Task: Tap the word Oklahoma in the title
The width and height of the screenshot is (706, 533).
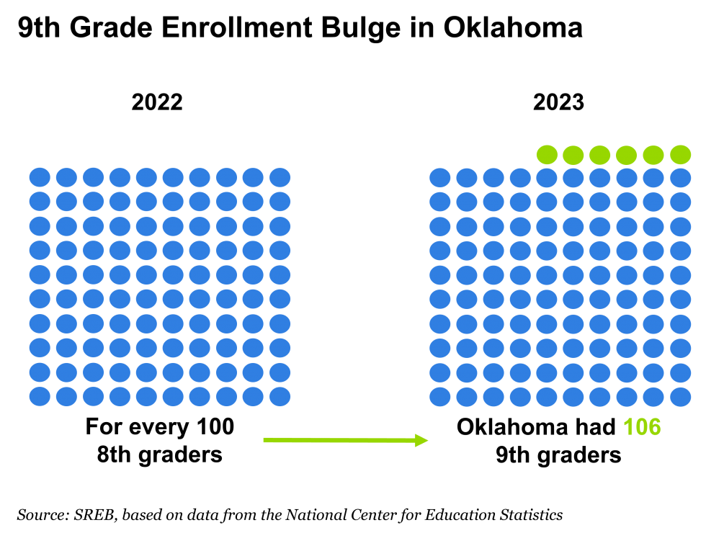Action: click(513, 27)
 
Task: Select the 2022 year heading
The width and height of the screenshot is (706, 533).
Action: click(157, 102)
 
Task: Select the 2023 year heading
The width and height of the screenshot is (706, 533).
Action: click(559, 102)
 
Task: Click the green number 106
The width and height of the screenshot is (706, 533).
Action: click(642, 426)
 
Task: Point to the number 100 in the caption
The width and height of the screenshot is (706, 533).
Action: click(215, 426)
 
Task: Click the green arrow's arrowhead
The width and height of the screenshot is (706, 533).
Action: click(421, 440)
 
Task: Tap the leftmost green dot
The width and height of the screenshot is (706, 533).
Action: click(547, 155)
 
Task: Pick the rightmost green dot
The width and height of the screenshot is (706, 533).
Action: click(680, 155)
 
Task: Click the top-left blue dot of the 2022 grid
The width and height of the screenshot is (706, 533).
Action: click(40, 177)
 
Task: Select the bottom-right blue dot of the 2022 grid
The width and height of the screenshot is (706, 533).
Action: click(280, 397)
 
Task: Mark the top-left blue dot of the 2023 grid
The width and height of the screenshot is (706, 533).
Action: click(440, 178)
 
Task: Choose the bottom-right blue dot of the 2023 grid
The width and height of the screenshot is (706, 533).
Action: click(680, 397)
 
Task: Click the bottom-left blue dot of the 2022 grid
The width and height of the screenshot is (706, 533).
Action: click(40, 397)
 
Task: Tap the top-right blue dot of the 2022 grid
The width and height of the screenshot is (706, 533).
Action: click(280, 177)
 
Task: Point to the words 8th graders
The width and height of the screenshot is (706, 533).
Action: click(160, 455)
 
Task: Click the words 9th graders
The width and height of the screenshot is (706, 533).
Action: click(558, 455)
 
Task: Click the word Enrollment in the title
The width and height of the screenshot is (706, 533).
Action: click(237, 27)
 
